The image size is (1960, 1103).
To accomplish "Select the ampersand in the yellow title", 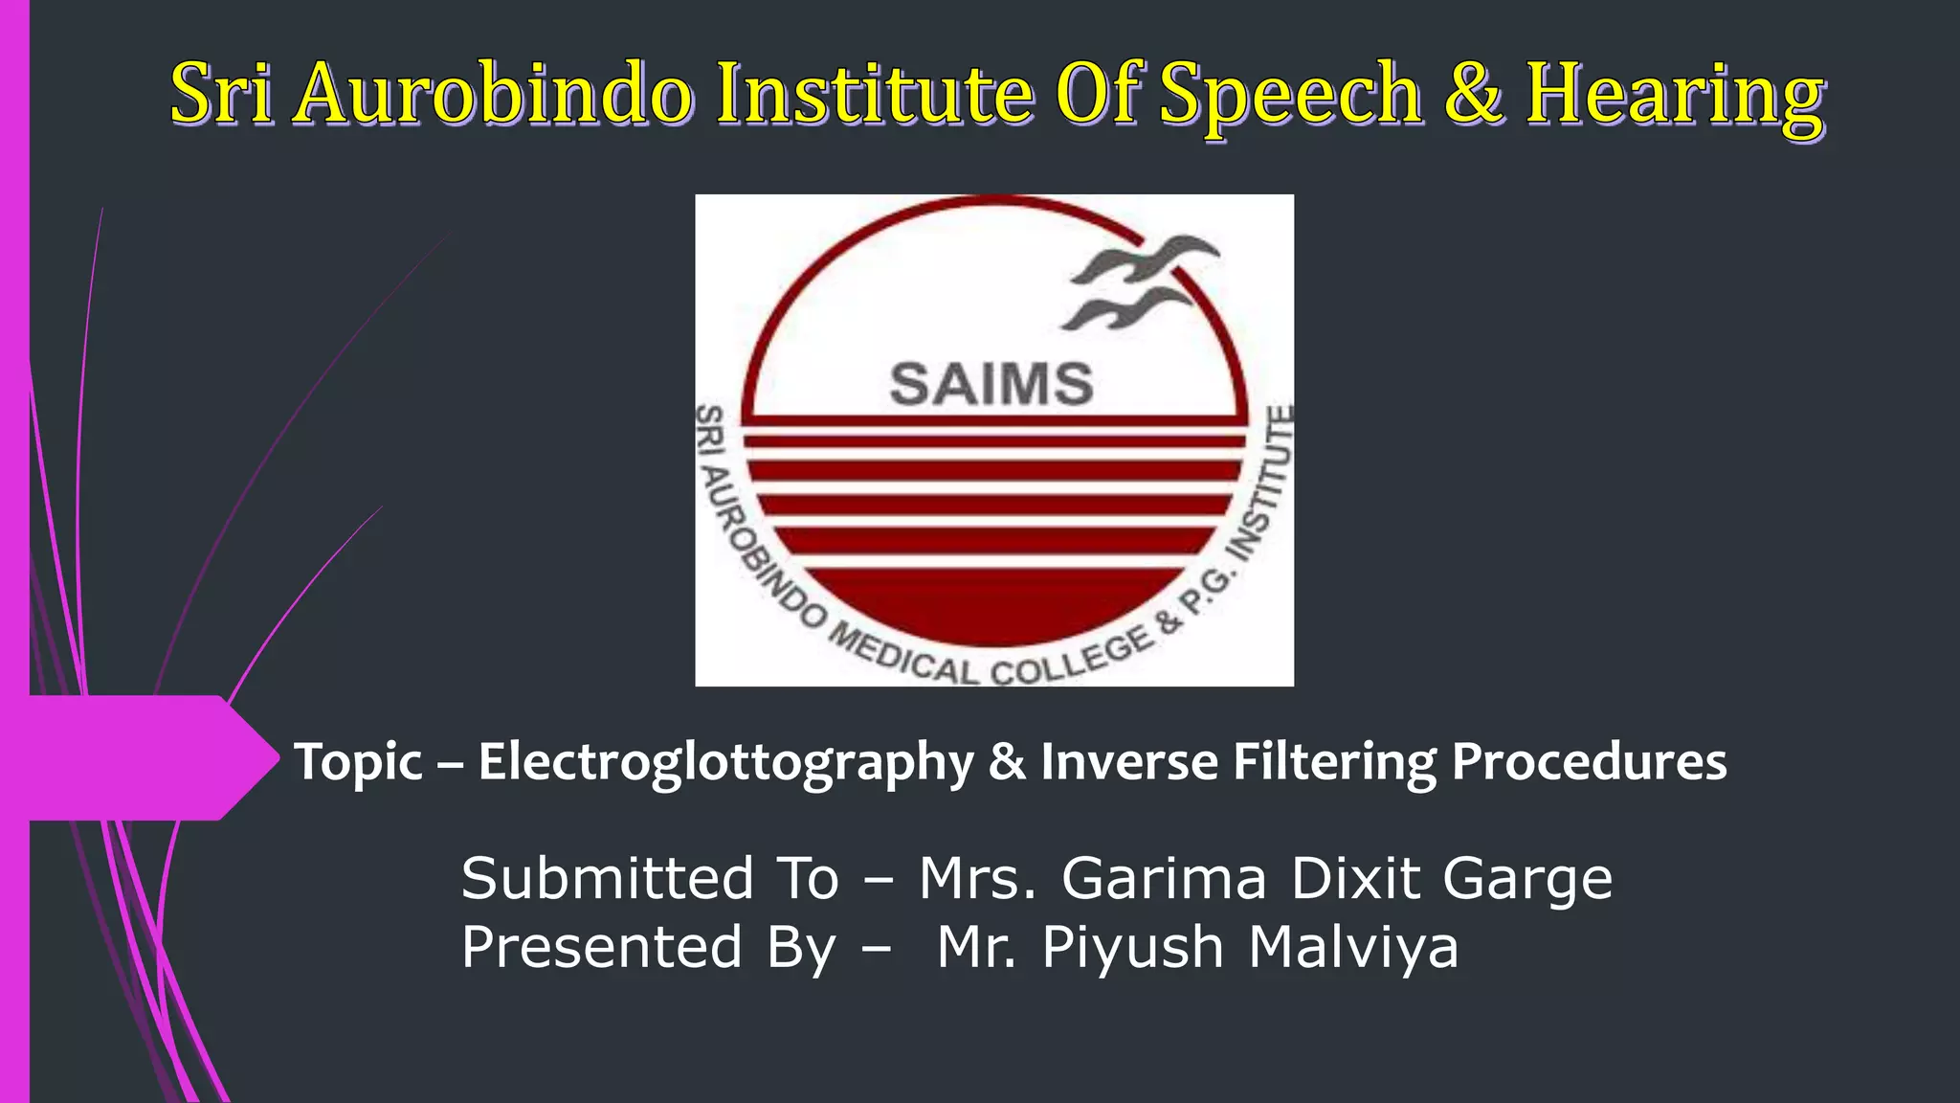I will (1473, 93).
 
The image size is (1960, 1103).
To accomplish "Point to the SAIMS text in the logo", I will (991, 384).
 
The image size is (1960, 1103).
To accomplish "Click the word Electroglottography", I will (725, 763).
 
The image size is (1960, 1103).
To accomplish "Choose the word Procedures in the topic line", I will (1589, 761).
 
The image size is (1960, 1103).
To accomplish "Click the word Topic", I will (358, 763).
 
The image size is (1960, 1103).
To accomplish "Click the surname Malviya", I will (1353, 947).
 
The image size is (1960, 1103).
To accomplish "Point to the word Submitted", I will (608, 878).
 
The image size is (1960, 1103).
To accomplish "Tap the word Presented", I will (602, 947).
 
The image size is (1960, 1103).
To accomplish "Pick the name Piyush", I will (1132, 949).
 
